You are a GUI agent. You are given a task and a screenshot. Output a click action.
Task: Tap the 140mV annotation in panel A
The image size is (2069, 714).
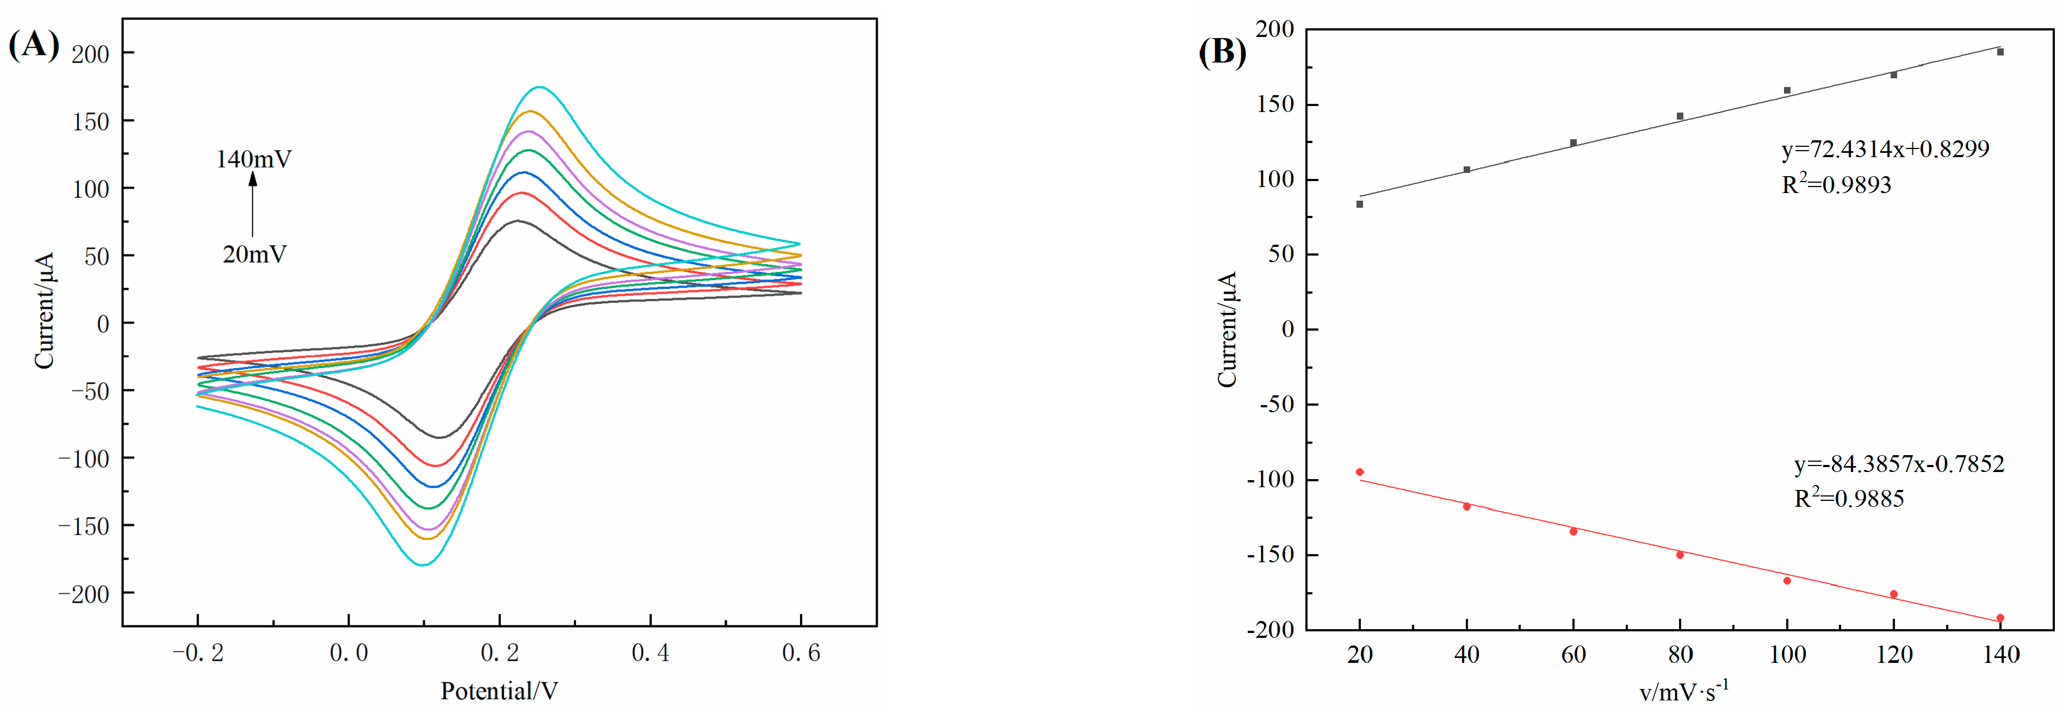tap(253, 159)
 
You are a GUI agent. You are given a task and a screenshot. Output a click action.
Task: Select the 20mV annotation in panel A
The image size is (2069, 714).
tap(254, 254)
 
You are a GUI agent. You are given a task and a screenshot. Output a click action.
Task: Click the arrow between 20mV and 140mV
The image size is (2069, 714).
tap(252, 205)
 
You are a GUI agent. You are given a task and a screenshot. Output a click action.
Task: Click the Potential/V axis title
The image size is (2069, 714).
tap(499, 691)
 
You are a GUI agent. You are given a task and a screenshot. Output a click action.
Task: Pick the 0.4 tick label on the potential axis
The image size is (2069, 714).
tap(650, 653)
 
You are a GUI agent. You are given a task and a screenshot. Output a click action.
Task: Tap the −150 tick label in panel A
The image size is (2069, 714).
tap(84, 526)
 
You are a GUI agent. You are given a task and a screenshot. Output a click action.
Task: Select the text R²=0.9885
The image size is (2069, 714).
tap(1849, 499)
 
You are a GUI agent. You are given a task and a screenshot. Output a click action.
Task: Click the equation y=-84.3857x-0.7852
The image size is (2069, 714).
tap(1899, 464)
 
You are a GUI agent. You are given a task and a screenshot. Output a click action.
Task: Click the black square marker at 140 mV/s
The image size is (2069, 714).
tap(2000, 52)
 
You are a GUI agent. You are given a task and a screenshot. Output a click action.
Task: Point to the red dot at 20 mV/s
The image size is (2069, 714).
tap(1360, 472)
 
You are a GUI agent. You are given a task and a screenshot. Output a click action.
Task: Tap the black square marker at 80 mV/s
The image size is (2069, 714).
tap(1680, 116)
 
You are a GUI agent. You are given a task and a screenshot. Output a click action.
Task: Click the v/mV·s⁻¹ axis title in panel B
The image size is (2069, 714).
tap(1683, 691)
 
